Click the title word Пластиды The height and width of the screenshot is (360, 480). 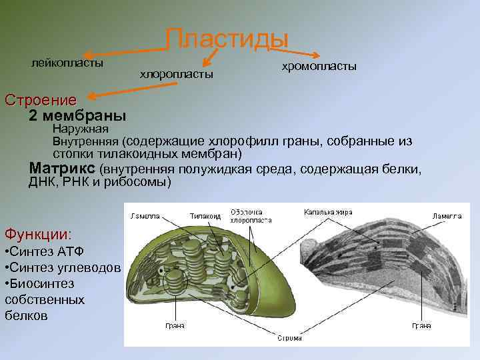coord(226,39)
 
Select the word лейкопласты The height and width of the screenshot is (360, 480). coord(67,63)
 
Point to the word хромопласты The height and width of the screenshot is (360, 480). coord(319,67)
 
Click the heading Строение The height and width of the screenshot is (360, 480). coord(40,101)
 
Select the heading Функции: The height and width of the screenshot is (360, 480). coord(38,234)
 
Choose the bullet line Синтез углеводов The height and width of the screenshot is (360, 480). coord(62,268)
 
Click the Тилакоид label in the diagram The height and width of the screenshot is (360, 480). coord(205,216)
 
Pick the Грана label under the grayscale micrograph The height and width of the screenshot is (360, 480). coord(421,326)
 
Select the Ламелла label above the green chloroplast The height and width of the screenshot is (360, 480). coord(145,216)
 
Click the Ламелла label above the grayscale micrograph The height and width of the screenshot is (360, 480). coord(446,216)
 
